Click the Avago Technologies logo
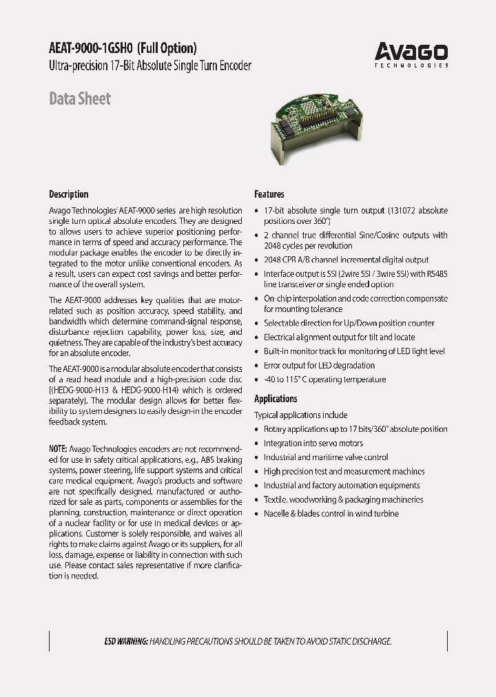pyautogui.click(x=411, y=54)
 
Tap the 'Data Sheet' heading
pyautogui.click(x=80, y=98)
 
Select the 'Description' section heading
pyautogui.click(x=69, y=194)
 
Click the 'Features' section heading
pyautogui.click(x=269, y=194)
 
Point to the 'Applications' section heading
pyautogui.click(x=276, y=399)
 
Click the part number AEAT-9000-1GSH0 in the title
pyautogui.click(x=91, y=48)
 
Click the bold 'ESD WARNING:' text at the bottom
pyautogui.click(x=126, y=641)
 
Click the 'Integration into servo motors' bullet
pyautogui.click(x=313, y=443)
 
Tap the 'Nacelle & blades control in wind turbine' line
pyautogui.click(x=331, y=514)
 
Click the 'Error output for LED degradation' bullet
pyautogui.click(x=320, y=365)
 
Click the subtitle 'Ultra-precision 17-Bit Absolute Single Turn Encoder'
pyautogui.click(x=150, y=66)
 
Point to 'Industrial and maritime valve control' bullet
pyautogui.click(x=326, y=457)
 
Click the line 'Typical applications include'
pyautogui.click(x=301, y=415)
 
